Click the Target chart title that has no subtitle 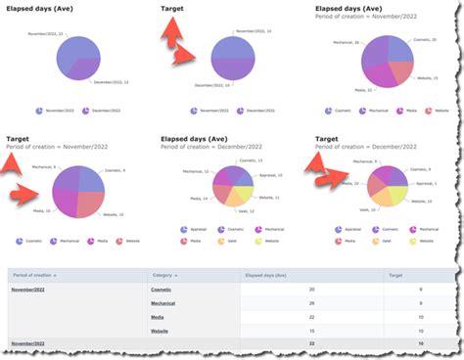(173, 9)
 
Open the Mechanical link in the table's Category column (165, 303)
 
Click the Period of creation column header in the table (37, 276)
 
